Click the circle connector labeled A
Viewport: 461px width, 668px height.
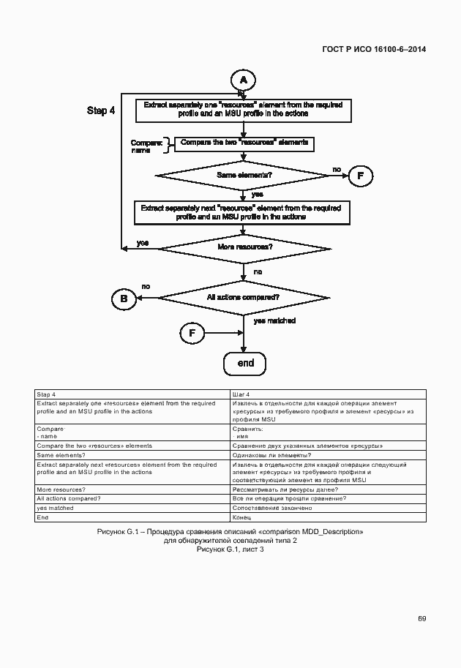pyautogui.click(x=244, y=79)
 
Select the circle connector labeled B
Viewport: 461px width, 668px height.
pyautogui.click(x=124, y=298)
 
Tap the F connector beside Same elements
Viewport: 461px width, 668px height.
pyautogui.click(x=360, y=176)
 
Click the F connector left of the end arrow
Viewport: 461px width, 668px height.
pyautogui.click(x=192, y=334)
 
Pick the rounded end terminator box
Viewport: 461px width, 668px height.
pyautogui.click(x=244, y=364)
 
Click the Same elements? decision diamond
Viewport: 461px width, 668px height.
pyautogui.click(x=244, y=176)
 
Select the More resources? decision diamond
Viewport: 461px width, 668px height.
pyautogui.click(x=244, y=247)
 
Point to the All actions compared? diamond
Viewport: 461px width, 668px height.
pyautogui.click(x=243, y=298)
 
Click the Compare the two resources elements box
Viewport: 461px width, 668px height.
pyautogui.click(x=244, y=143)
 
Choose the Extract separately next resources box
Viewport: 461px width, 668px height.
pyautogui.click(x=242, y=213)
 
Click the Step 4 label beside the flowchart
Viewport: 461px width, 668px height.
pyautogui.click(x=101, y=110)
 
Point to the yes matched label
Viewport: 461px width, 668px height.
pyautogui.click(x=274, y=320)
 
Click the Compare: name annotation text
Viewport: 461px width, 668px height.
pyautogui.click(x=146, y=146)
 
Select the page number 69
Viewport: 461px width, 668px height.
pyautogui.click(x=422, y=618)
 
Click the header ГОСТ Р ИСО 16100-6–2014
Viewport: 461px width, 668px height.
pyautogui.click(x=374, y=49)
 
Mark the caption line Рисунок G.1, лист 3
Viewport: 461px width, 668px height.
pyautogui.click(x=230, y=549)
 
